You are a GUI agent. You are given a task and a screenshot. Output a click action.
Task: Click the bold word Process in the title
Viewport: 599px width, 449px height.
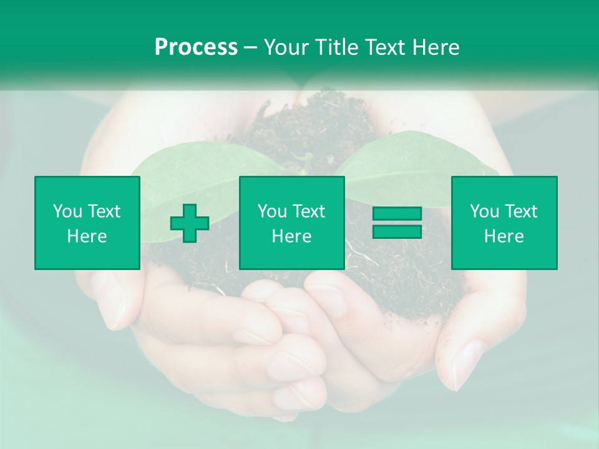point(196,47)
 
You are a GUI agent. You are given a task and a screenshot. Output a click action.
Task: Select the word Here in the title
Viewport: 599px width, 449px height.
point(436,47)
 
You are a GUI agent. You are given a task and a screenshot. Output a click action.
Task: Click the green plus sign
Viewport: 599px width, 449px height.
point(190,223)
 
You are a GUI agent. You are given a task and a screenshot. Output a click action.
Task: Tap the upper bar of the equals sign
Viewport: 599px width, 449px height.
point(397,214)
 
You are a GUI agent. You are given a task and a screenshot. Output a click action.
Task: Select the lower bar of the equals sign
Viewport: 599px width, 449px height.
point(397,231)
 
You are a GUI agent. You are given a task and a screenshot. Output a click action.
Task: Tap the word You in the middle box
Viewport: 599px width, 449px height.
point(272,211)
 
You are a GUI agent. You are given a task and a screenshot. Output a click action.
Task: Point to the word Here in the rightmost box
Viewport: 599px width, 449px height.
point(504,236)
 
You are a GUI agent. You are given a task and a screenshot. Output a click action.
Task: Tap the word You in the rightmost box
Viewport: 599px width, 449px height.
point(484,211)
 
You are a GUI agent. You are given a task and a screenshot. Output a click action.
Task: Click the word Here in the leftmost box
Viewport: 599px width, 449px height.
point(87,236)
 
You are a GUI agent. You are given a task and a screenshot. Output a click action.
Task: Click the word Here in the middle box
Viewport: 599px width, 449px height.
point(291,236)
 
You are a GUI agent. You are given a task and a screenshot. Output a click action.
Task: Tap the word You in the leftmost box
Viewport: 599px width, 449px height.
point(67,211)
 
